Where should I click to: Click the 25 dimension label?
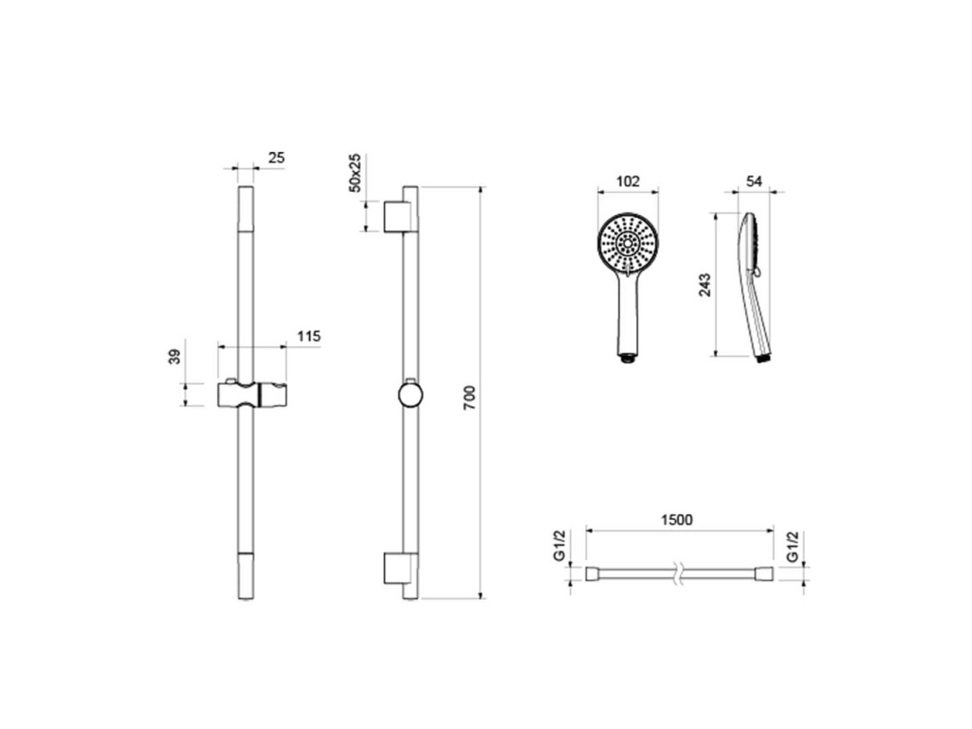(276, 158)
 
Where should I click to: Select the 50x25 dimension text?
(355, 173)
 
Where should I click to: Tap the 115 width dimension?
(308, 336)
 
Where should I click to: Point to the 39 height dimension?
(175, 357)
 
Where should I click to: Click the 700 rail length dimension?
(469, 398)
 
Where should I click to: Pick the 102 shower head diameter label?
(628, 182)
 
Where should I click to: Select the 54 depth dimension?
(754, 182)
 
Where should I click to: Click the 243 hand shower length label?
(705, 285)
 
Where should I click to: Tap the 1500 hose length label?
(676, 519)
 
